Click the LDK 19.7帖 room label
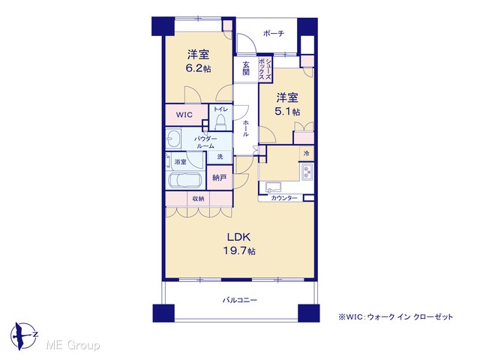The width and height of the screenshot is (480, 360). click(239, 244)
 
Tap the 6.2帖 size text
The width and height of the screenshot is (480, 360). click(198, 68)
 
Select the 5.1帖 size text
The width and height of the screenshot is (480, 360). click(287, 112)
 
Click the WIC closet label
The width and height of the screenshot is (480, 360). click(184, 115)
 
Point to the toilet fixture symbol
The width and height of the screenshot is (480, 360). click(220, 121)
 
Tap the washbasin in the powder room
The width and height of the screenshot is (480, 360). click(173, 139)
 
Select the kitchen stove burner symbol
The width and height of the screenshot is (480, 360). click(307, 172)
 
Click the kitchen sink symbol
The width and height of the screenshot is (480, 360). click(273, 187)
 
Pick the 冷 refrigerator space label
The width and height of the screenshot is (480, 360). click(307, 153)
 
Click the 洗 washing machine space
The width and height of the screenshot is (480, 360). click(220, 157)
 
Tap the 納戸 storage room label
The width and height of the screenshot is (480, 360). click(219, 178)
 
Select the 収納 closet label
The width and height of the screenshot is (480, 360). click(198, 199)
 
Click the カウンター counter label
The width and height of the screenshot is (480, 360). click(284, 198)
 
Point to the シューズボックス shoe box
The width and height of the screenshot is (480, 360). click(265, 70)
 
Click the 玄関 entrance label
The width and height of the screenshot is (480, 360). click(246, 68)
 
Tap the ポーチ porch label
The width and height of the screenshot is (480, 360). click(274, 33)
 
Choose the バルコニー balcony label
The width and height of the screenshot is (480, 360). click(240, 300)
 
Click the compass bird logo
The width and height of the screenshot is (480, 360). click(23, 336)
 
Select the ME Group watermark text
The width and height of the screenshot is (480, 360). click(73, 345)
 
